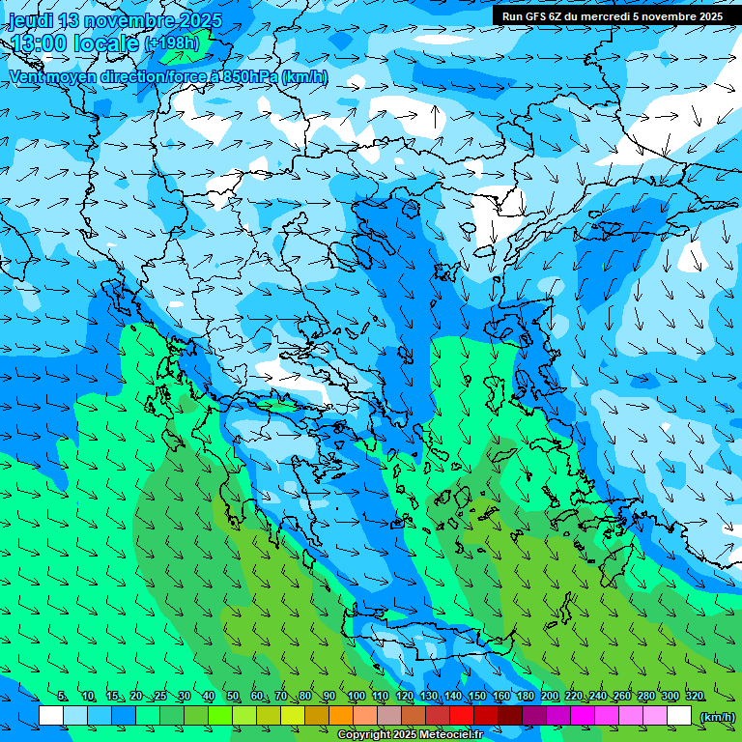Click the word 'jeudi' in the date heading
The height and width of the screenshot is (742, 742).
[x=31, y=20]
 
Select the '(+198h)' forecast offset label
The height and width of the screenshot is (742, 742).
[x=172, y=43]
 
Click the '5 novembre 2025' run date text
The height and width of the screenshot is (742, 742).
[x=677, y=16]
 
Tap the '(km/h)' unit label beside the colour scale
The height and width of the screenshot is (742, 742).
[x=717, y=716]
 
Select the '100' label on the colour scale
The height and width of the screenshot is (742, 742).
[x=356, y=696]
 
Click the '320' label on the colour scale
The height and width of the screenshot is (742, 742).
[x=694, y=696]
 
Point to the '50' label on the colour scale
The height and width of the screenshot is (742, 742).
[x=233, y=696]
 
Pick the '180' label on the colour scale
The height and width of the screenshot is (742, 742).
[x=525, y=696]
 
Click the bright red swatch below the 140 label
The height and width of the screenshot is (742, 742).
[x=462, y=716]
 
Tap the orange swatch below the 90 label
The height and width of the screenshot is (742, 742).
[x=341, y=716]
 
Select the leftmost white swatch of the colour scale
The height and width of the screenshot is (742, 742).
[x=51, y=716]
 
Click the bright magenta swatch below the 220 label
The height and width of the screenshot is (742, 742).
[x=583, y=716]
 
